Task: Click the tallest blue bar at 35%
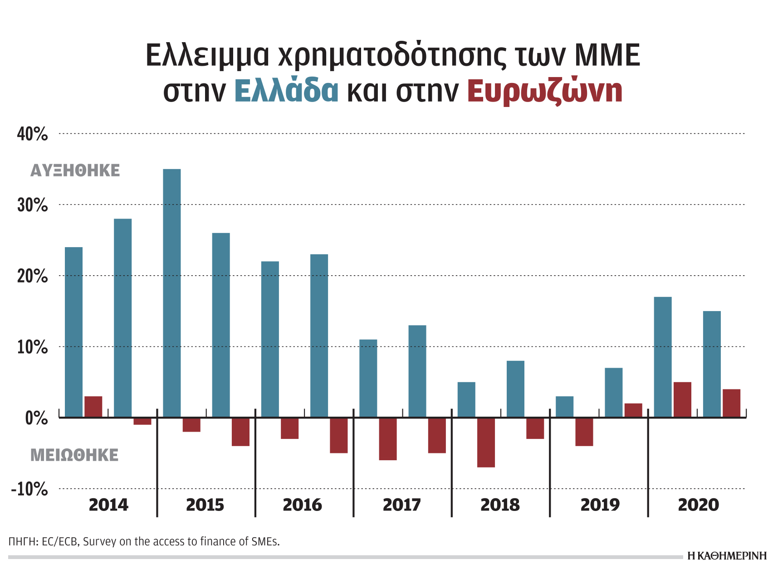pyautogui.click(x=171, y=293)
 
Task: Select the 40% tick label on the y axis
pyautogui.click(x=32, y=134)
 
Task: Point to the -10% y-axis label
pyautogui.click(x=30, y=490)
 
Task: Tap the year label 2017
pyautogui.click(x=401, y=505)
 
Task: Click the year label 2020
pyautogui.click(x=698, y=505)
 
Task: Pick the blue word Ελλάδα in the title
pyautogui.click(x=286, y=91)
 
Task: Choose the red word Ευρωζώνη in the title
pyautogui.click(x=544, y=91)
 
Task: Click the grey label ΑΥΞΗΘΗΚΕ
pyautogui.click(x=75, y=171)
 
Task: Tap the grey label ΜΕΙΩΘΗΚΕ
pyautogui.click(x=74, y=455)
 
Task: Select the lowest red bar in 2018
pyautogui.click(x=486, y=443)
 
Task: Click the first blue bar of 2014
pyautogui.click(x=74, y=332)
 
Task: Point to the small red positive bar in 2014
pyautogui.click(x=93, y=407)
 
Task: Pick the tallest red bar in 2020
pyautogui.click(x=682, y=399)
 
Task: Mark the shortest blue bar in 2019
pyautogui.click(x=564, y=407)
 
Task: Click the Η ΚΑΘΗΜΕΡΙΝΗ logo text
pyautogui.click(x=726, y=556)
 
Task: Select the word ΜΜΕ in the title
pyautogui.click(x=607, y=55)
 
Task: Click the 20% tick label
pyautogui.click(x=32, y=276)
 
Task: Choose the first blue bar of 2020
pyautogui.click(x=662, y=357)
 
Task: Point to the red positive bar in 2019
pyautogui.click(x=633, y=410)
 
